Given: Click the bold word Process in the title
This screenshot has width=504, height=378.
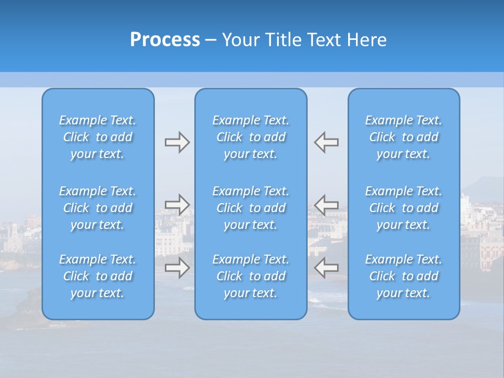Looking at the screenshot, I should point(165,40).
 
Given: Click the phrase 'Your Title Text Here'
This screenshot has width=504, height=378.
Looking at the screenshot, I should point(304,40).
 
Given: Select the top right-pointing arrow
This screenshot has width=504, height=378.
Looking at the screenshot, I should point(177,142).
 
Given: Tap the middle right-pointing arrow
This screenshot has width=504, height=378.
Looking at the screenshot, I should point(177,205).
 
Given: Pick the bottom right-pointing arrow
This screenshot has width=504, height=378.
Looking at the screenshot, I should point(177,268).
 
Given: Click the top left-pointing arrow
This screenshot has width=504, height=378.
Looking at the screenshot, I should point(326,142).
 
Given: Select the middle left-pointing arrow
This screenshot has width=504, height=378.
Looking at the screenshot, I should point(326,205).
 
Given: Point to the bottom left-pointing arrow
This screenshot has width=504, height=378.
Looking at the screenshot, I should point(326,268).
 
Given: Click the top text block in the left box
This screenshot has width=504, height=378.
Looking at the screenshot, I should point(98,137).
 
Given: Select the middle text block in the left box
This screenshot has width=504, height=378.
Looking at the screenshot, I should point(98,208).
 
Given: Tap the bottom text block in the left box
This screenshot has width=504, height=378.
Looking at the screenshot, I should point(98,276).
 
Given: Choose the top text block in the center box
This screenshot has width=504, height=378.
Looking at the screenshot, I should point(251,137).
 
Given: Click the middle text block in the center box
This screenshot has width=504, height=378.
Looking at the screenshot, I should point(251,208).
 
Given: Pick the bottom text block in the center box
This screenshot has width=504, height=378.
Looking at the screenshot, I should point(251,276).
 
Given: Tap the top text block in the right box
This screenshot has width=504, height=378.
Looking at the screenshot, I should point(404,137).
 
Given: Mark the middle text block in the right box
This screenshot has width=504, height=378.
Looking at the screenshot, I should point(404,208).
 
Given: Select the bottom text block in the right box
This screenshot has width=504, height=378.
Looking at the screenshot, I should point(404,276).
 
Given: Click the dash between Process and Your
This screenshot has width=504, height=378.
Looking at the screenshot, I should point(211,40).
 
